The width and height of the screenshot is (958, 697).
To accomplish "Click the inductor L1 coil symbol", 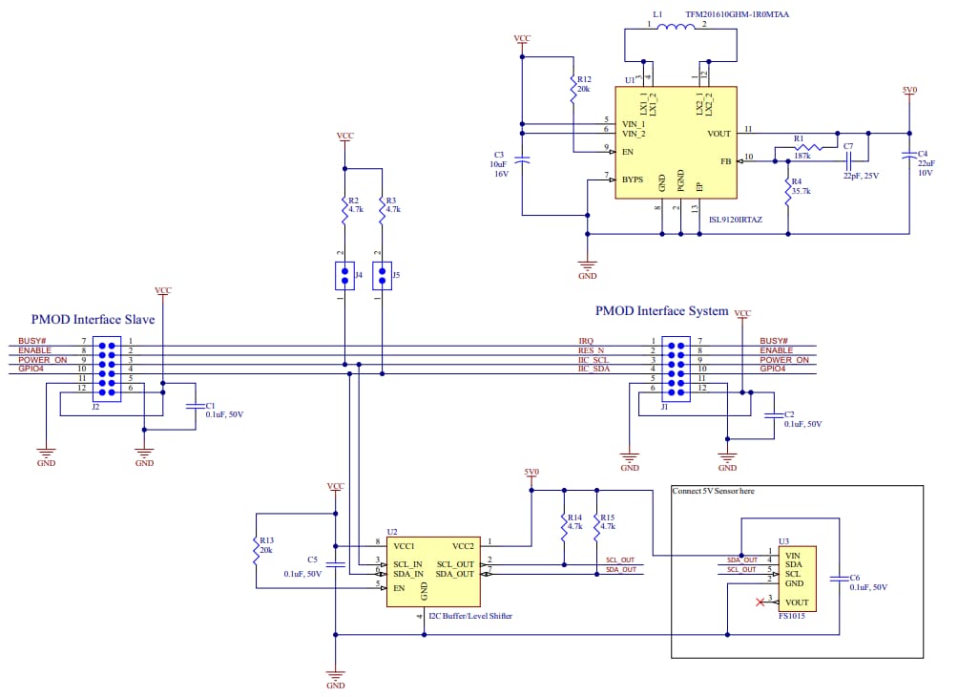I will [x=680, y=27].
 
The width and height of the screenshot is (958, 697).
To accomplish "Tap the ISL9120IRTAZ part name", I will [x=736, y=220].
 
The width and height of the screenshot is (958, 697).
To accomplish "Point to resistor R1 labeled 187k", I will [x=802, y=147].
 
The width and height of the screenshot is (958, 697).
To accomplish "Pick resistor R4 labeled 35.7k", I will [x=788, y=191].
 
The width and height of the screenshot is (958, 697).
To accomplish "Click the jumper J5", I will [x=383, y=276].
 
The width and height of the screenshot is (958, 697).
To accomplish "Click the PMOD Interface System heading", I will [x=661, y=311].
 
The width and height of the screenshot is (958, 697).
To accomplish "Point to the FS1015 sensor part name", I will [x=791, y=617].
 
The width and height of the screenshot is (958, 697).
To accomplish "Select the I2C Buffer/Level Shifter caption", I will [x=470, y=617].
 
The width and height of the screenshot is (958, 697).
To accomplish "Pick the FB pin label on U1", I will [x=725, y=161].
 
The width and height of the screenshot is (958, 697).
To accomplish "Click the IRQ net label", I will [x=586, y=341].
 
